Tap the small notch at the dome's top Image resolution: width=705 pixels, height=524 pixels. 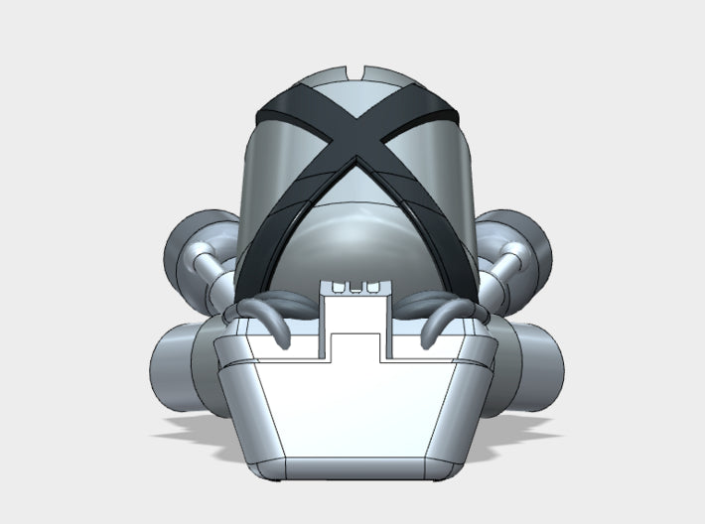(356, 72)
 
